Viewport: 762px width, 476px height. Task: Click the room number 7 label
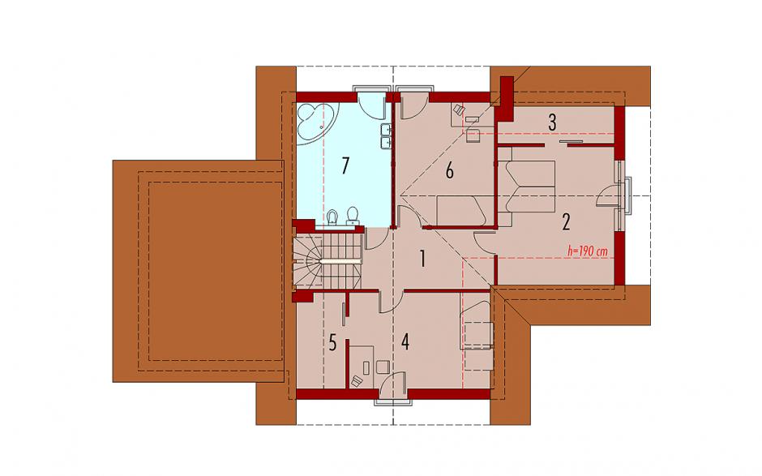345,165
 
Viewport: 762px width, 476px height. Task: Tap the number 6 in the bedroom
450,171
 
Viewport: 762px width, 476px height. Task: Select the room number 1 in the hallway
423,259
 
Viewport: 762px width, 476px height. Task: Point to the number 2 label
566,221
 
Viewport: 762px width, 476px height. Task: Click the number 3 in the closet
552,122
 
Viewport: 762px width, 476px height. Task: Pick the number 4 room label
405,342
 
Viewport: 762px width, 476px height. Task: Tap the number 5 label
332,343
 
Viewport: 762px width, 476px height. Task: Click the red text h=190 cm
588,251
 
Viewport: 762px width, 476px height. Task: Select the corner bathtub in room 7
314,121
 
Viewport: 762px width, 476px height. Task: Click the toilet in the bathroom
353,217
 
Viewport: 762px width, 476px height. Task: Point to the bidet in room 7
333,217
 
